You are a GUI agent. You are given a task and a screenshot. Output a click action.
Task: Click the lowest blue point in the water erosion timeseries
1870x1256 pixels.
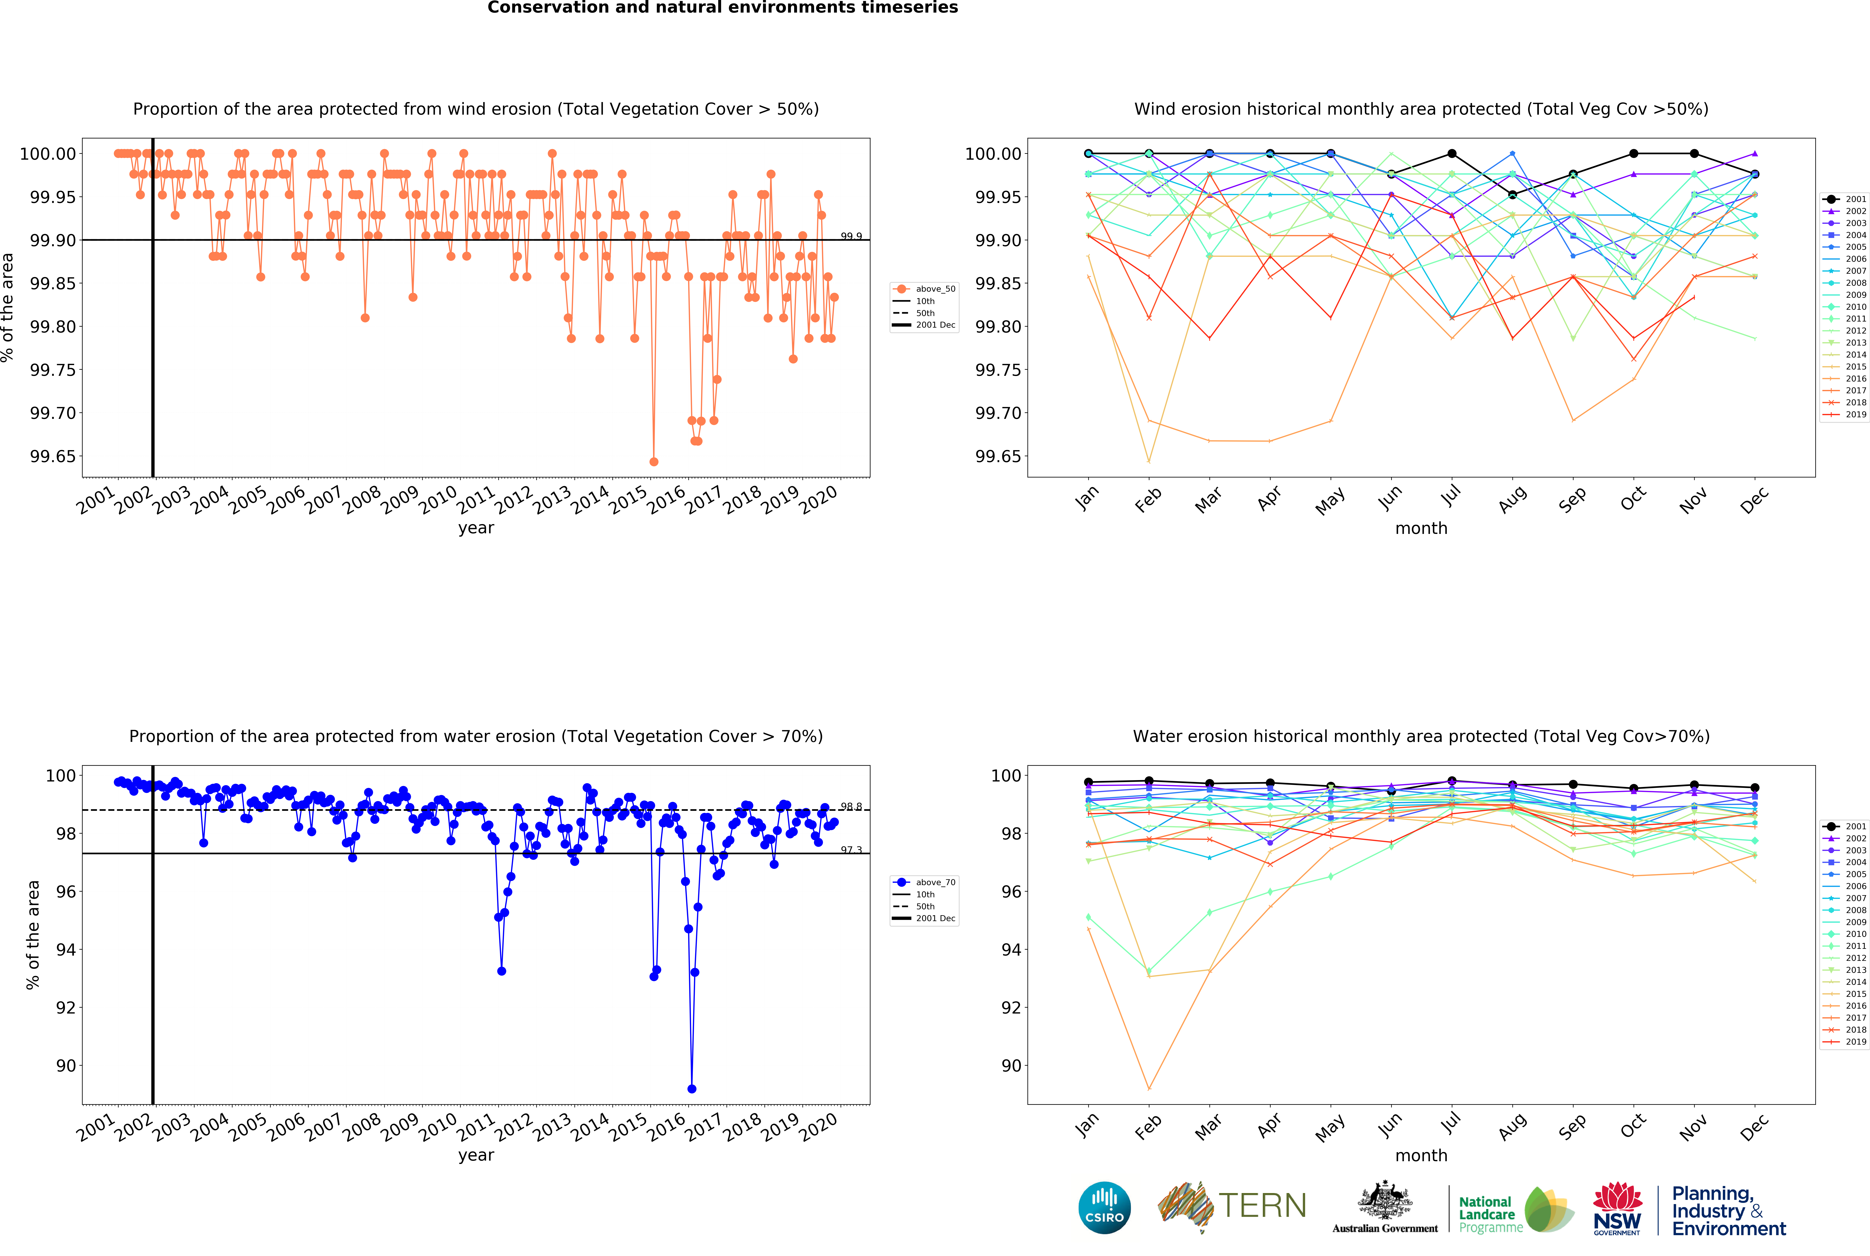[691, 1089]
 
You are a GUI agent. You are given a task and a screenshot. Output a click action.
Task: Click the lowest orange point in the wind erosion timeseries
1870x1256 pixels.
[654, 461]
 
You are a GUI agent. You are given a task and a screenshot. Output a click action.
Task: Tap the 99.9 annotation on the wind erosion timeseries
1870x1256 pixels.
[851, 236]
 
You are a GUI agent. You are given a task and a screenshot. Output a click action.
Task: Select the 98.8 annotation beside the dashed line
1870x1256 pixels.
[851, 807]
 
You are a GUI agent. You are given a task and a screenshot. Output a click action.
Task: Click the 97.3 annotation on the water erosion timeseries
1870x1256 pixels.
[851, 850]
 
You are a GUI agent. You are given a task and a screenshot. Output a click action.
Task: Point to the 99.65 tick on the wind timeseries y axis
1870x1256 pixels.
[53, 457]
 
